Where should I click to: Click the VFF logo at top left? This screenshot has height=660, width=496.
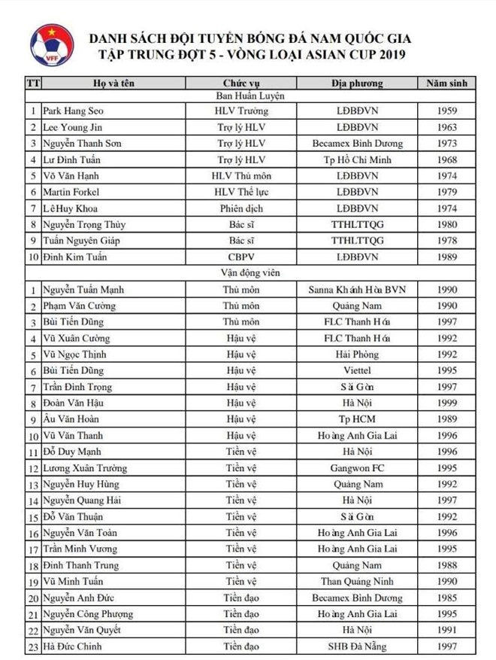[x=52, y=46]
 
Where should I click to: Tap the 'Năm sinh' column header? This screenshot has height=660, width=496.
[x=446, y=83]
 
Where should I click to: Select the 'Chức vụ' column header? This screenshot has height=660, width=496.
[x=241, y=83]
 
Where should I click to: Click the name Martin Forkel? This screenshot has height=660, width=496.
[x=69, y=192]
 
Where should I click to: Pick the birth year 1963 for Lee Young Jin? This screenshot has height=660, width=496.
[x=446, y=127]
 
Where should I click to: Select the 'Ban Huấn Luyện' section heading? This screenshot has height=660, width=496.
[x=246, y=96]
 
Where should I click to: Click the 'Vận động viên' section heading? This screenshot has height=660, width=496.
[x=246, y=273]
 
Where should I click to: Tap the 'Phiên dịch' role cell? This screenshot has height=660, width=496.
[x=242, y=208]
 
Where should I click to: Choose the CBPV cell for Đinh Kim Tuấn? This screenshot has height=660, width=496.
[x=242, y=257]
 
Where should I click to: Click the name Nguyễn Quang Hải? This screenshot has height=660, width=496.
[x=80, y=500]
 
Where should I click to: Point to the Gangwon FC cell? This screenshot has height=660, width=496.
[x=357, y=468]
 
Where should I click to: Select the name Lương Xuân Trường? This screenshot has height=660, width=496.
[x=83, y=468]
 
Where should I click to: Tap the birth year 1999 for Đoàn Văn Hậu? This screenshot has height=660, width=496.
[x=446, y=403]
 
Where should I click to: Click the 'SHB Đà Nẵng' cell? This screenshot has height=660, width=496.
[x=357, y=646]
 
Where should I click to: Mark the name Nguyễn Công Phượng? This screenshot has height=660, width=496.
[x=85, y=614]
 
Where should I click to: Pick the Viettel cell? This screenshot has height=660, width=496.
[x=357, y=371]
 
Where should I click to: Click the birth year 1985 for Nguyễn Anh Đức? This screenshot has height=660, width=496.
[x=446, y=598]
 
